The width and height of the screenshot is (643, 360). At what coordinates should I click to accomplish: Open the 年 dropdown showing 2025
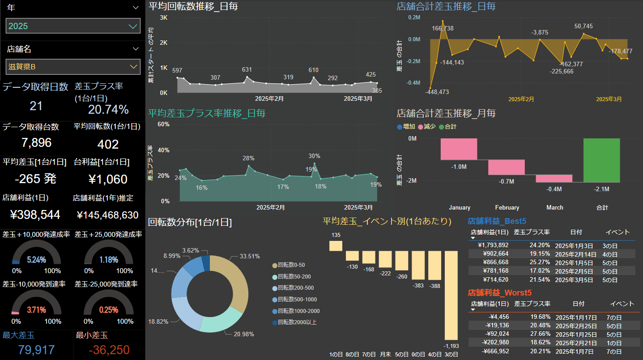point(73,26)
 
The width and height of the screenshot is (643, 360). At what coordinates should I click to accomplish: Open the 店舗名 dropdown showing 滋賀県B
point(73,67)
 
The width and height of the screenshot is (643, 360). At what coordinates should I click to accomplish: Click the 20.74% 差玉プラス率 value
point(108,110)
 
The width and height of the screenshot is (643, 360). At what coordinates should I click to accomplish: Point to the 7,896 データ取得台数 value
point(36,143)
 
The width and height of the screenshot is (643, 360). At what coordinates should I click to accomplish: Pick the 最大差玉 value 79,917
point(36,350)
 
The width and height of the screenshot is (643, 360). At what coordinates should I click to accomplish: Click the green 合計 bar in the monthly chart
point(602,160)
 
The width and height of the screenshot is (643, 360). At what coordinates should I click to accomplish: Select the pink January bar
point(459,149)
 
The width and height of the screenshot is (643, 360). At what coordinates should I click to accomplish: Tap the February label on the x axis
point(507,208)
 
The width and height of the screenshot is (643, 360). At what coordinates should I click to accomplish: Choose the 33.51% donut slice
point(230,282)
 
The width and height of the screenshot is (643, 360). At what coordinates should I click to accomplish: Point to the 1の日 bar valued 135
point(336,246)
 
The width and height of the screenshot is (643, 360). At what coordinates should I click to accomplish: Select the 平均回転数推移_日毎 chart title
point(193,7)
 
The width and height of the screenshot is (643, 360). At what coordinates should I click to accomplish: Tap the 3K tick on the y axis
point(163,18)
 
